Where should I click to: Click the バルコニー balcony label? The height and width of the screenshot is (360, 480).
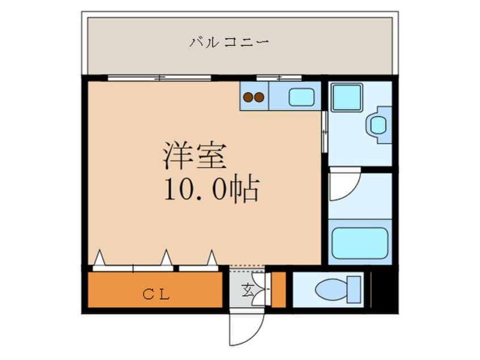(x=229, y=42)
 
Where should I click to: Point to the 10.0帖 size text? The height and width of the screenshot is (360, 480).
(x=211, y=190)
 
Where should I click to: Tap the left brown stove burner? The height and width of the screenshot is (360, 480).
(x=248, y=97)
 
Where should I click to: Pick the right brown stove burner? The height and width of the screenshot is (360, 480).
(x=259, y=97)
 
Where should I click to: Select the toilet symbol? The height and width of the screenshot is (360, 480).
(x=338, y=289)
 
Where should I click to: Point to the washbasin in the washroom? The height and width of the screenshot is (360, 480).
(x=379, y=123)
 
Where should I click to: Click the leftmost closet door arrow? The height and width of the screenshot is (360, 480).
(x=99, y=259)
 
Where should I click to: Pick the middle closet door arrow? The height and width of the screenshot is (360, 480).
(x=166, y=259)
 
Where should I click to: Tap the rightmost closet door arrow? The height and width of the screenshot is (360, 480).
(x=212, y=259)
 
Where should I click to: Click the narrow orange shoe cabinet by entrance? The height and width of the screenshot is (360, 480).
(x=278, y=290)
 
